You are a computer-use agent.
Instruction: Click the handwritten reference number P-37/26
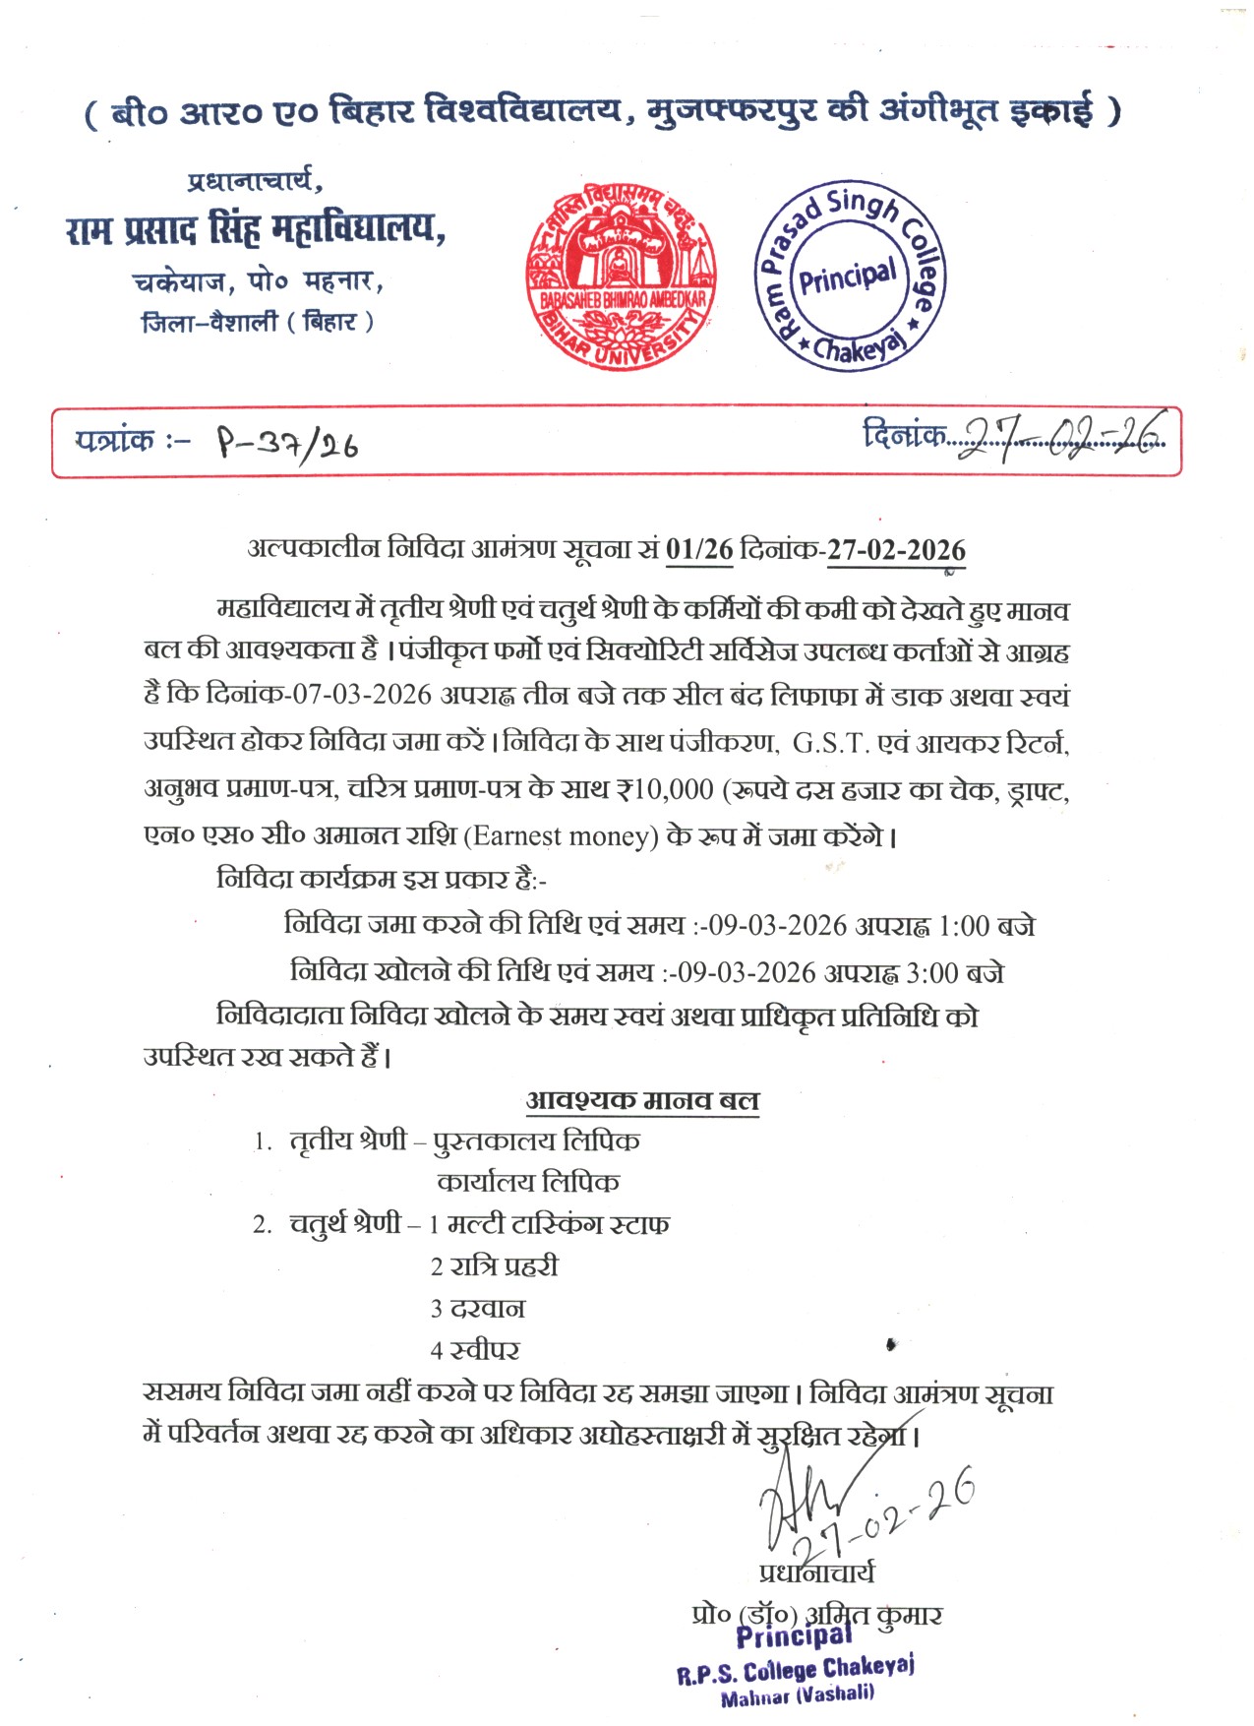click(286, 445)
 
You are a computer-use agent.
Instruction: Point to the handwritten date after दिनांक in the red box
click(1060, 434)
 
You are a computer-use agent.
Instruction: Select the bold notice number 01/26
click(699, 549)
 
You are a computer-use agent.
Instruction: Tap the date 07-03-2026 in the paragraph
click(362, 695)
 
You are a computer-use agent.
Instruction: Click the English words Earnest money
click(560, 836)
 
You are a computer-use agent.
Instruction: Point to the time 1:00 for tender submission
click(964, 926)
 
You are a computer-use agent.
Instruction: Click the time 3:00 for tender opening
click(931, 973)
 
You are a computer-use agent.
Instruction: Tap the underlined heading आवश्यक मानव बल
click(642, 1100)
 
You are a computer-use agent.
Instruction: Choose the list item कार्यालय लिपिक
click(528, 1182)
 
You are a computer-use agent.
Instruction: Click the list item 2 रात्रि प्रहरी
click(494, 1266)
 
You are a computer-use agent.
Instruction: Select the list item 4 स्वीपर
click(475, 1350)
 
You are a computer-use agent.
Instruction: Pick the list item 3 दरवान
click(478, 1309)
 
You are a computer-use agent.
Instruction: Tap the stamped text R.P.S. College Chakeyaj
click(795, 1670)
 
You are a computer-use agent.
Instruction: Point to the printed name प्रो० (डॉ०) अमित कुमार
click(816, 1615)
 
